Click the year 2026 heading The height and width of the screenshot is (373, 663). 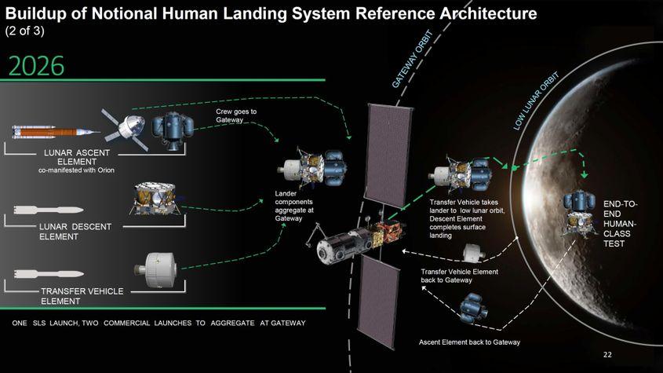[x=36, y=66]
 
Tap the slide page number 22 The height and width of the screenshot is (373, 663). [x=607, y=355]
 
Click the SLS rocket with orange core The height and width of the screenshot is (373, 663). [x=55, y=131]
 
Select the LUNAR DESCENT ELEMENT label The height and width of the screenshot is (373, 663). [x=76, y=231]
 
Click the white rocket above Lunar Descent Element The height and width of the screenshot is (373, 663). [x=49, y=210]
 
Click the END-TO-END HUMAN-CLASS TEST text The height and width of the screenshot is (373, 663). [x=620, y=225]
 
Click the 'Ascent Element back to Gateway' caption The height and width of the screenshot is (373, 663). [x=469, y=342]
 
